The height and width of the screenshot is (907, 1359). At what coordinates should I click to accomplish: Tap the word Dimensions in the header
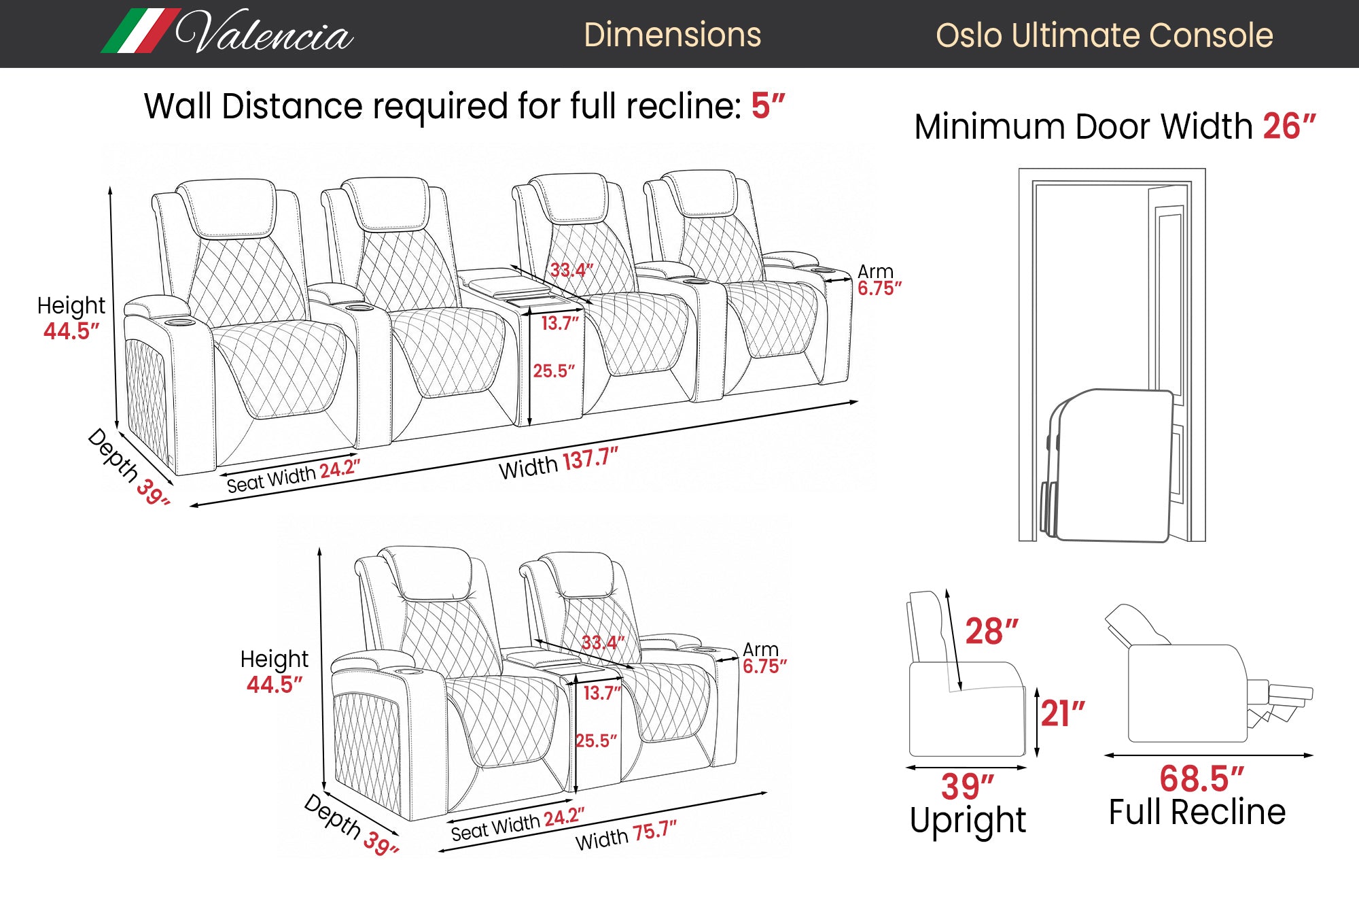click(x=672, y=35)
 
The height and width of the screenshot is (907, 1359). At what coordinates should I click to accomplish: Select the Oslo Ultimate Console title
click(x=1104, y=35)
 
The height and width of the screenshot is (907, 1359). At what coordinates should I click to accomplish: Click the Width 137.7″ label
click(x=559, y=464)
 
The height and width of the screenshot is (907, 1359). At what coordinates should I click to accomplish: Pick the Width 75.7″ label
click(x=626, y=836)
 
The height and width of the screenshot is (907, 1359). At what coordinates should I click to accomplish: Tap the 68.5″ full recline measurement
click(x=1201, y=778)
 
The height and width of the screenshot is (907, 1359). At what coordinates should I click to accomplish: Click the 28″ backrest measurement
click(x=991, y=632)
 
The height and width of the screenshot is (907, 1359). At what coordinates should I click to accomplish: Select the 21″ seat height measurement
click(x=1063, y=714)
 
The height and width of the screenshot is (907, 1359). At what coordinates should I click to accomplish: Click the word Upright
click(x=968, y=820)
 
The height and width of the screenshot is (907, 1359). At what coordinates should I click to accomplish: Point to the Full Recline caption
click(x=1197, y=812)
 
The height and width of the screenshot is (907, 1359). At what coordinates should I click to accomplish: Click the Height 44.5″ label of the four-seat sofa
click(x=71, y=318)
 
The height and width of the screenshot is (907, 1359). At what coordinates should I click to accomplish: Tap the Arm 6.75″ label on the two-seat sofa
click(x=764, y=657)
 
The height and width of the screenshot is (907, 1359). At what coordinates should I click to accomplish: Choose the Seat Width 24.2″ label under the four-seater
click(x=293, y=475)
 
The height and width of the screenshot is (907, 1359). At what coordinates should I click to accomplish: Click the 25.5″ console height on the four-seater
click(x=554, y=371)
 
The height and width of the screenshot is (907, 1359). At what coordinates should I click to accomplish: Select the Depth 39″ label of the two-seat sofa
click(x=351, y=824)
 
